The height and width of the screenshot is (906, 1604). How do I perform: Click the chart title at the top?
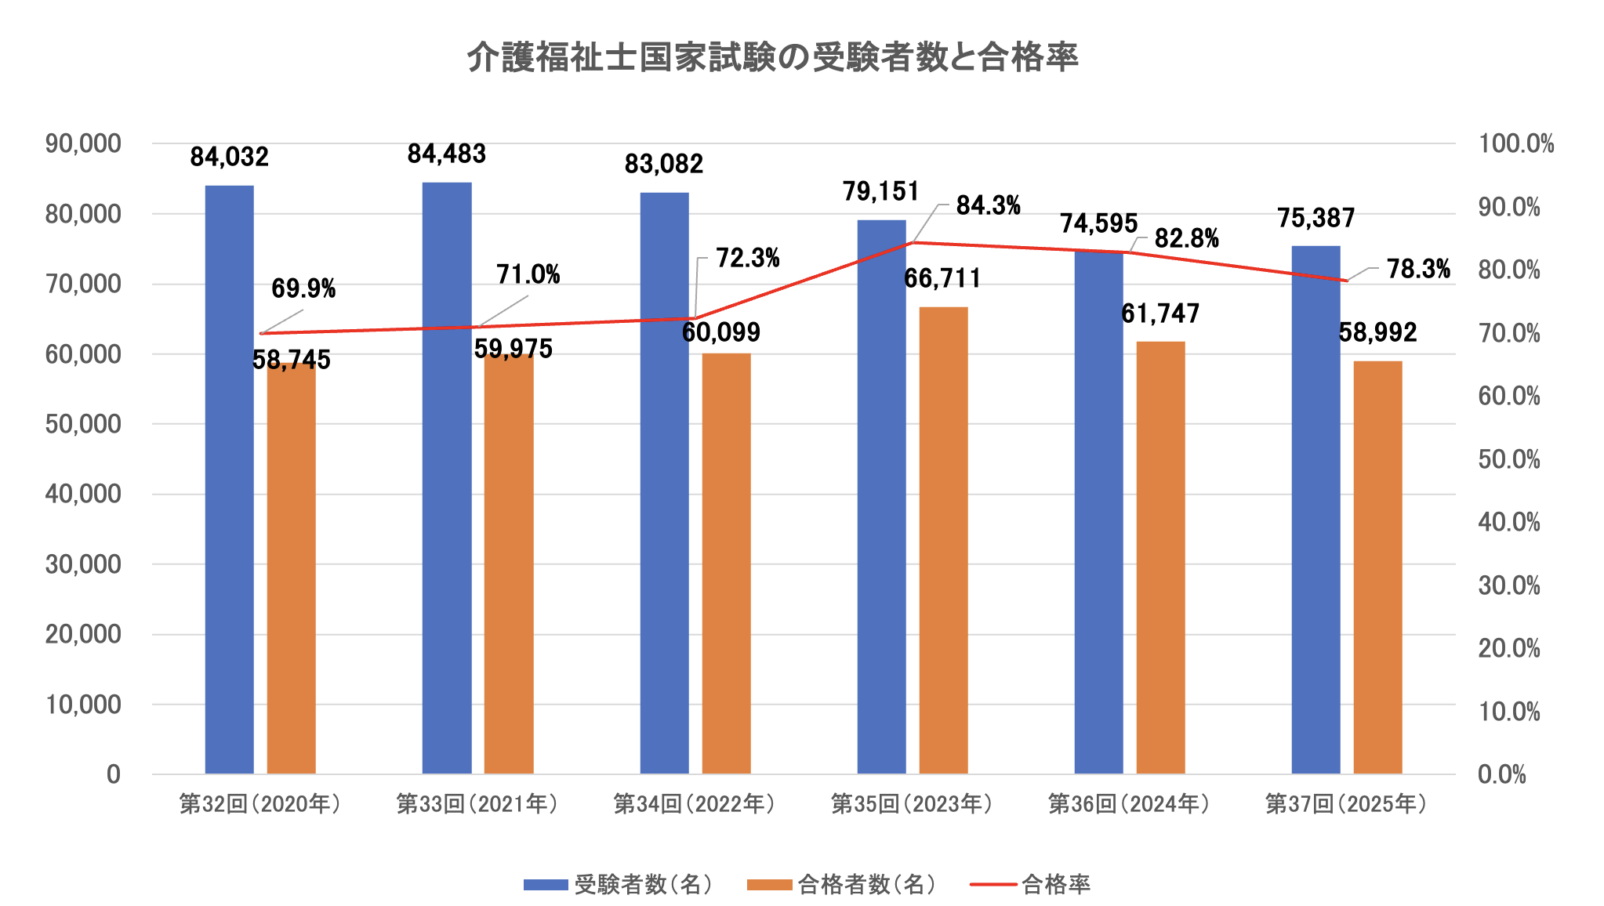point(772,57)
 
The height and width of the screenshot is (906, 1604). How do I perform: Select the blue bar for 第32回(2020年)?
point(229,479)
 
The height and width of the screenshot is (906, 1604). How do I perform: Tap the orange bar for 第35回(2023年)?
point(943,540)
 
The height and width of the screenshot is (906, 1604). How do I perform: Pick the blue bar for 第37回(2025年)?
point(1315,509)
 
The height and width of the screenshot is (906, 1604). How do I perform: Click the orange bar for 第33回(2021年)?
point(509,564)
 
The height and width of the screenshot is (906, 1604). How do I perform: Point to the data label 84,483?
point(447,154)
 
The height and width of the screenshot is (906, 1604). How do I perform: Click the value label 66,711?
point(942,278)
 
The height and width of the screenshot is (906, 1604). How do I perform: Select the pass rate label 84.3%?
point(988,206)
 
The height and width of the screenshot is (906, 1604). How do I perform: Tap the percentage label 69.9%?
point(303,289)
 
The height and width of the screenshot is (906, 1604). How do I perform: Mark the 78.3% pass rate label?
point(1418,270)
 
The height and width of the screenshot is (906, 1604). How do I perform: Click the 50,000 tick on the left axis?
point(83,424)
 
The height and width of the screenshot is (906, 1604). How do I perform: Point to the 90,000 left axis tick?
point(83,143)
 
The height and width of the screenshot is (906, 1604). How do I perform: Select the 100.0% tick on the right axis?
point(1515,144)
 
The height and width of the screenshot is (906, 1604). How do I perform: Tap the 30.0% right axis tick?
point(1508,585)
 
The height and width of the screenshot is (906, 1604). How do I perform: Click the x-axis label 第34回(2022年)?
point(694,804)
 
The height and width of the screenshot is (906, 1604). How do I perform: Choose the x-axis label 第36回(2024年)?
point(1129,804)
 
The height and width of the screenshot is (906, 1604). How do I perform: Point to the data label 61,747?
point(1160,313)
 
